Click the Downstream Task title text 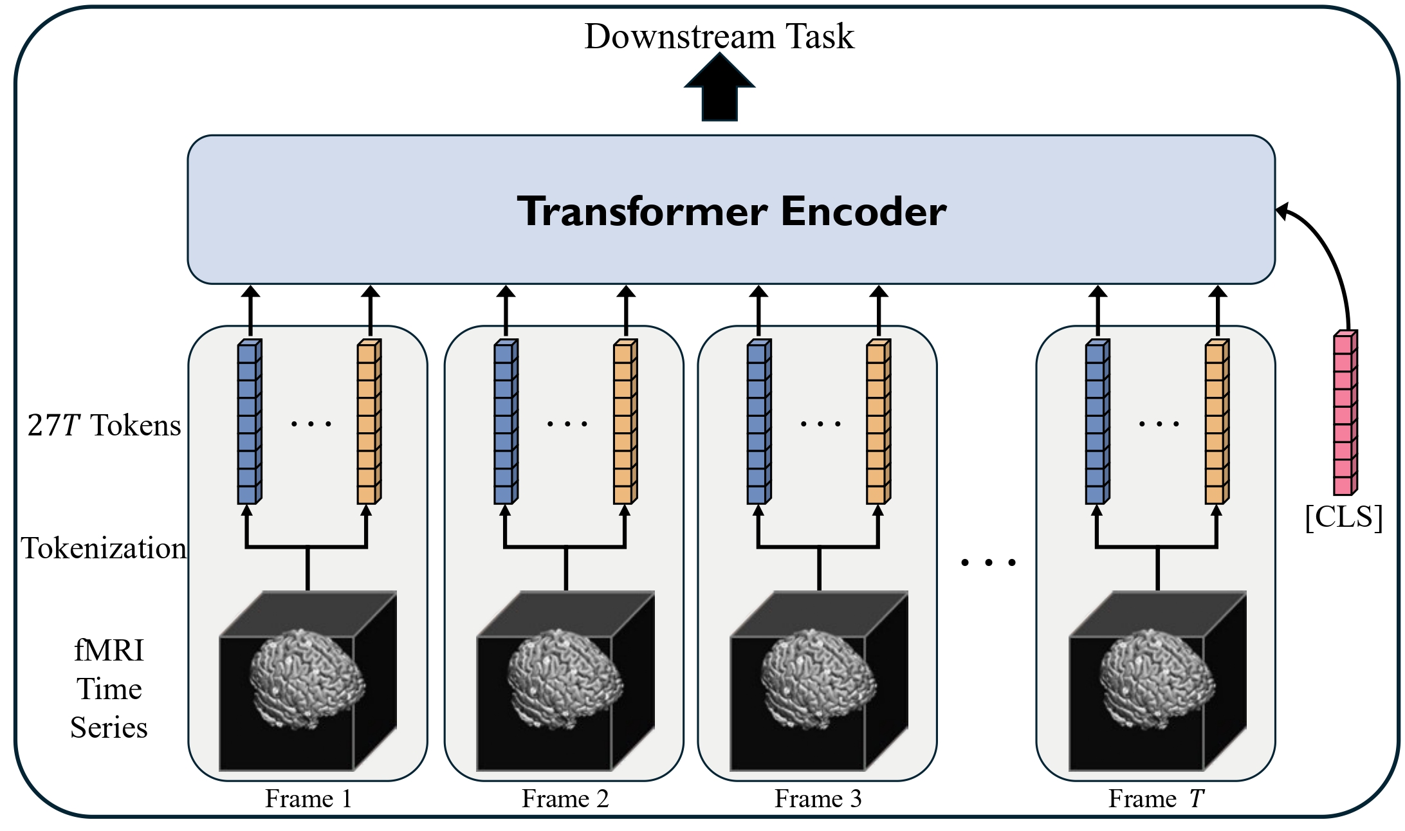point(719,36)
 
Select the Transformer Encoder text point(731,211)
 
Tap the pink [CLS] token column point(1345,414)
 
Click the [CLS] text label point(1344,516)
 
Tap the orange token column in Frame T point(1216,422)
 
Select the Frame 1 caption point(308,799)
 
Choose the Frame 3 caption point(818,799)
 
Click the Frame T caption point(1156,799)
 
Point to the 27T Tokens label point(104,425)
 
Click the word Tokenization point(104,548)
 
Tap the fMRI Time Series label point(109,688)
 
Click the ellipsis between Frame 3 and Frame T point(987,562)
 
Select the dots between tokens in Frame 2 point(567,423)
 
